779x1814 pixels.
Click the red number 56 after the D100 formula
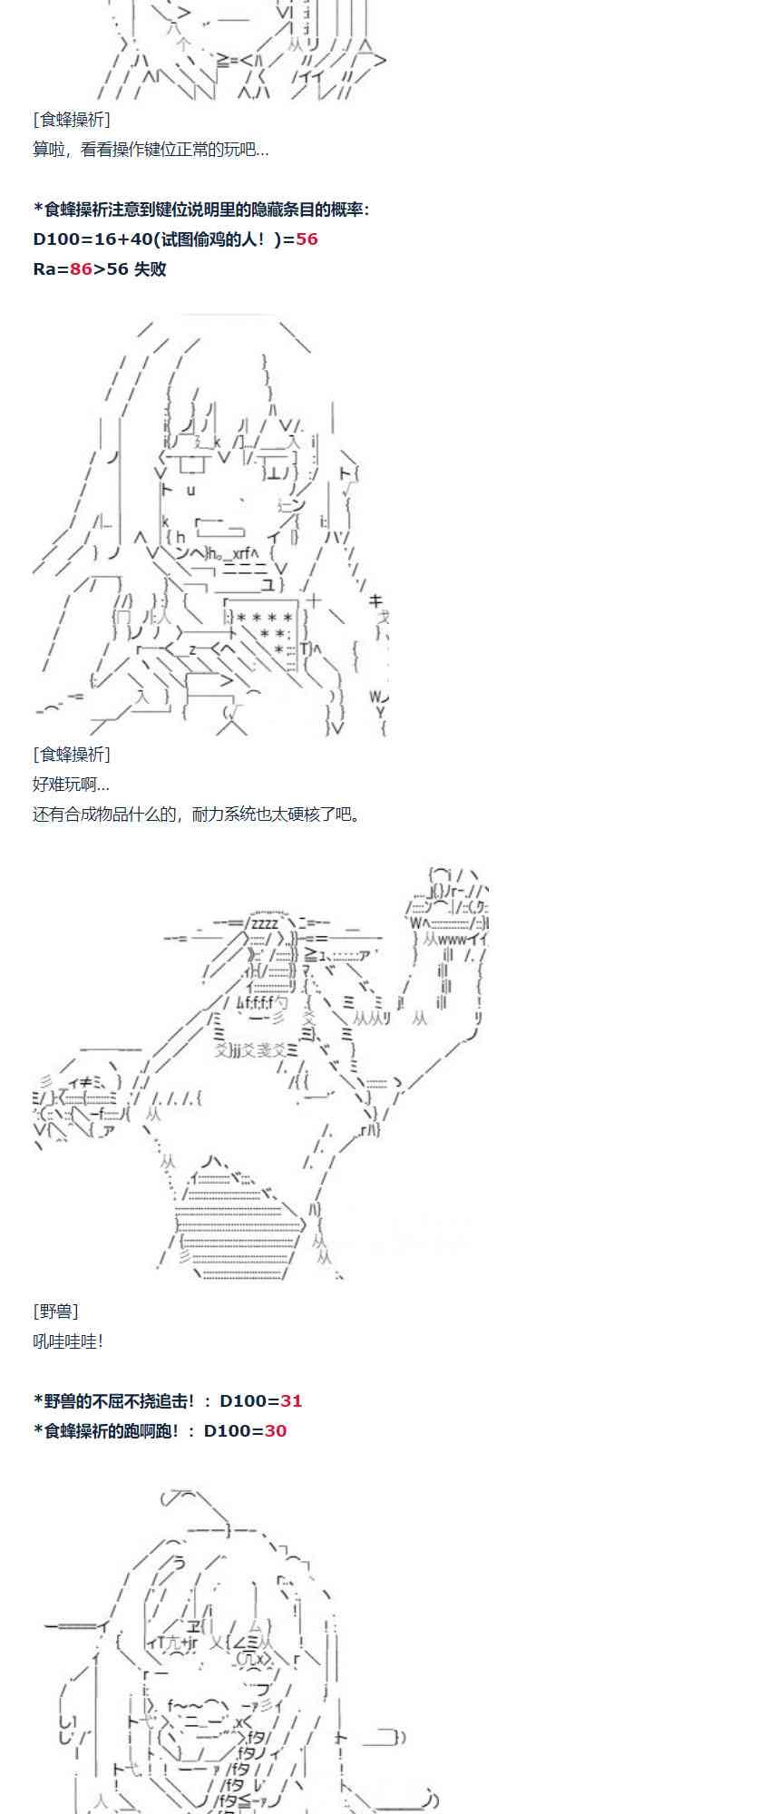(x=307, y=239)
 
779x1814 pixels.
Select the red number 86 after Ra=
(x=81, y=269)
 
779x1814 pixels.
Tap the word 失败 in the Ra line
(x=150, y=269)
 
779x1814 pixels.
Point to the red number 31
(x=291, y=1401)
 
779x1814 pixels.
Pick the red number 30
(x=275, y=1431)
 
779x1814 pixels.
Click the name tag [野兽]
(x=55, y=1312)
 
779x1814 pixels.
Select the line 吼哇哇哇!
(x=68, y=1341)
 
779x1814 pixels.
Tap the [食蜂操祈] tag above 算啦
(x=72, y=120)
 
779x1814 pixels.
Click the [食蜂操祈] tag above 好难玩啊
(x=72, y=755)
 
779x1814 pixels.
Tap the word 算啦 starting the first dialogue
(x=48, y=150)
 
